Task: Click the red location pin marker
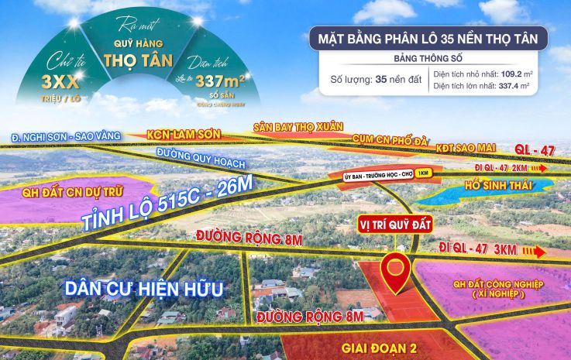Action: [x=397, y=270]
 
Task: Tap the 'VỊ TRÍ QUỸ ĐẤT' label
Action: [x=394, y=224]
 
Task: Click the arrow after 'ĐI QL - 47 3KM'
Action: [x=534, y=252]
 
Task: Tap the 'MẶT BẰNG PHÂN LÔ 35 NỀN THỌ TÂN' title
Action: [x=428, y=37]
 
